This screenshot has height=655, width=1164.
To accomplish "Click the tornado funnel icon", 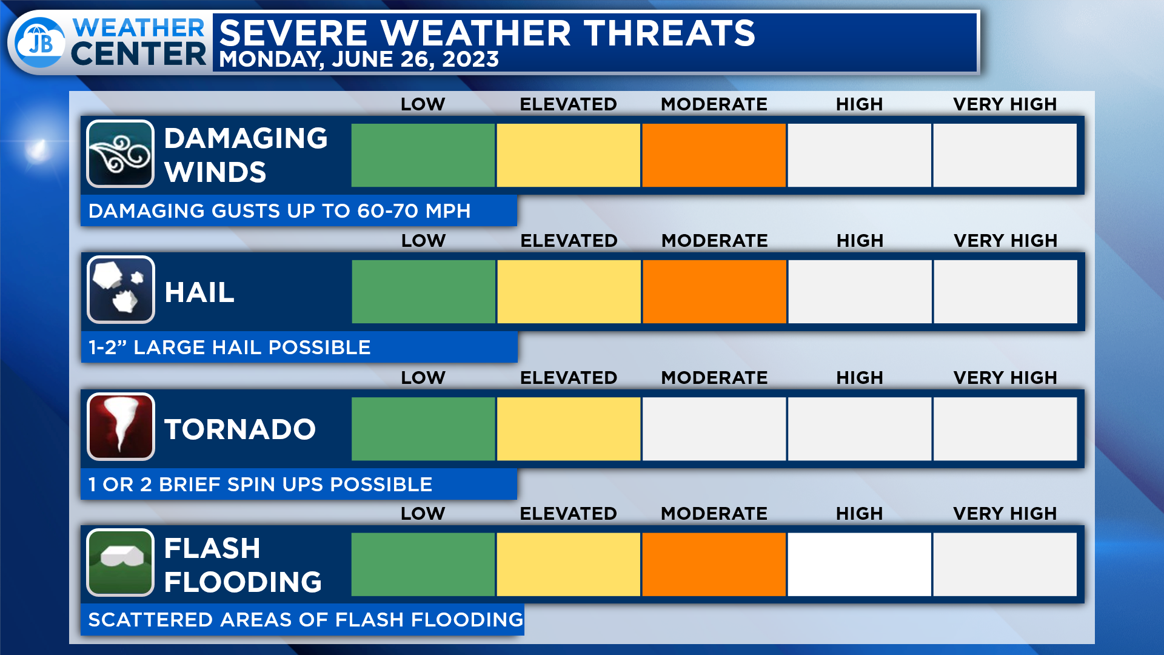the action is (x=121, y=427).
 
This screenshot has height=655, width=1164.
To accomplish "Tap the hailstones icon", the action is (x=121, y=290).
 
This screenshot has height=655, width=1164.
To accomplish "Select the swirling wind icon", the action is (x=120, y=154).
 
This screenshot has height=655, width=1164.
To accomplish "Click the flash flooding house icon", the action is (x=120, y=563).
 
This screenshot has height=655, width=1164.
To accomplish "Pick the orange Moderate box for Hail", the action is (x=714, y=292).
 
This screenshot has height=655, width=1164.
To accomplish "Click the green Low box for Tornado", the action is (x=423, y=429).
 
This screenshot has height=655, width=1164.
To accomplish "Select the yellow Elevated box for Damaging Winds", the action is (x=568, y=155).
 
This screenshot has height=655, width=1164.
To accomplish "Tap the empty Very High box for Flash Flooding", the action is (x=1005, y=565).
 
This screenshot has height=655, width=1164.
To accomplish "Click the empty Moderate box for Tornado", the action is (x=714, y=429).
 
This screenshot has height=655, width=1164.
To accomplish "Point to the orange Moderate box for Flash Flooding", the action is (x=714, y=565).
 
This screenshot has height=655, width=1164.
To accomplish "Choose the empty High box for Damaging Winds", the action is (x=859, y=155).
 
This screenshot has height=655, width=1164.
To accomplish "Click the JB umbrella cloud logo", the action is (x=40, y=42).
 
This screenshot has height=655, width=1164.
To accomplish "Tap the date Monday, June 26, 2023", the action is (x=359, y=59).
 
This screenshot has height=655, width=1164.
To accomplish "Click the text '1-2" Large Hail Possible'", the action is (x=230, y=348).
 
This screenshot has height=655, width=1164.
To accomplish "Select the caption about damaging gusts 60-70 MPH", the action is (x=279, y=211).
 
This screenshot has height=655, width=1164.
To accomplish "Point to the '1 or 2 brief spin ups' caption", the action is (x=260, y=485).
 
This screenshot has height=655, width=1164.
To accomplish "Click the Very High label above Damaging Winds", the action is (x=1005, y=104).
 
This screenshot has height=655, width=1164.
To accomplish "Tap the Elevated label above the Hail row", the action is (x=569, y=241).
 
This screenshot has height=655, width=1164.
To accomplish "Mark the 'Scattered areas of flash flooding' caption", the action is (x=306, y=620).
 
